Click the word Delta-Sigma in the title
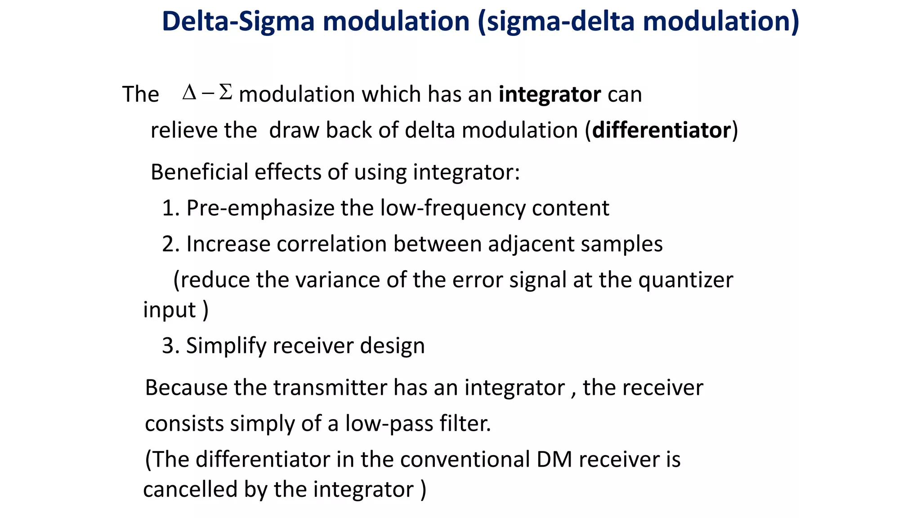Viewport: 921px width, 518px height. click(238, 22)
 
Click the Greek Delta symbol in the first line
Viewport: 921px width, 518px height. click(189, 93)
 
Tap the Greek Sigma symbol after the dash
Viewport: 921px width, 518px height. click(225, 93)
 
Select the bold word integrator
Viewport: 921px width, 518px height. click(550, 94)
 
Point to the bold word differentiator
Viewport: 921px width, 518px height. click(662, 131)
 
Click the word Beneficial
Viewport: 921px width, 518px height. click(199, 172)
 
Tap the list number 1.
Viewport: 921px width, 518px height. click(168, 208)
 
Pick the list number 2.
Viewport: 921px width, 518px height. click(169, 244)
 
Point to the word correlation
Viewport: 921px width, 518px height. click(332, 244)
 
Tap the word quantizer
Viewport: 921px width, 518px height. click(685, 280)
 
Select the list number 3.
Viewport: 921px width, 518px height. click(169, 346)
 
